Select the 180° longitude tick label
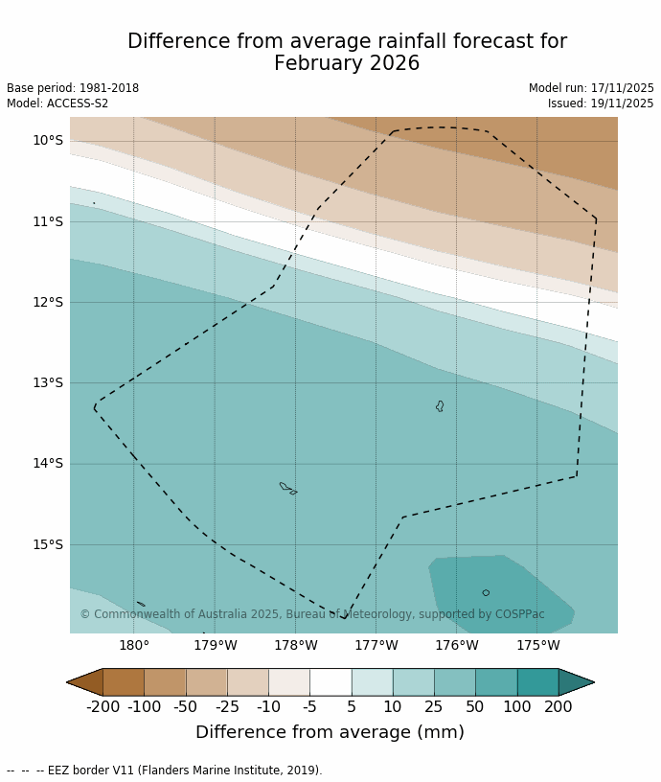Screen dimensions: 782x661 pyautogui.click(x=133, y=646)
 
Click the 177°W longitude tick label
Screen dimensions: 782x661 pyautogui.click(x=376, y=646)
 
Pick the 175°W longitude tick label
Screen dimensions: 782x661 pyautogui.click(x=537, y=646)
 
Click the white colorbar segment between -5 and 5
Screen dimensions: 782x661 pyautogui.click(x=330, y=682)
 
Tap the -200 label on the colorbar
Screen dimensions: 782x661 pyautogui.click(x=103, y=707)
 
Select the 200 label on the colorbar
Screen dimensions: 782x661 pyautogui.click(x=558, y=707)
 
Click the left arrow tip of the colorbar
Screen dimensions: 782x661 pyautogui.click(x=69, y=682)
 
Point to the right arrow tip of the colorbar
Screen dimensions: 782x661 pyautogui.click(x=592, y=682)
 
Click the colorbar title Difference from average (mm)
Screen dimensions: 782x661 pyautogui.click(x=330, y=733)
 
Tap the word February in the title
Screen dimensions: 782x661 pyautogui.click(x=318, y=64)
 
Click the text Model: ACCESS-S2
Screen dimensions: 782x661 pyautogui.click(x=57, y=103)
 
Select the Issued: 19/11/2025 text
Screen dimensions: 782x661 pyautogui.click(x=601, y=103)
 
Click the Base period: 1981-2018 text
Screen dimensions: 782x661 pyautogui.click(x=73, y=88)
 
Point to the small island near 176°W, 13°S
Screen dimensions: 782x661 pyautogui.click(x=440, y=406)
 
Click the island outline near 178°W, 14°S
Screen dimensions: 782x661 pyautogui.click(x=285, y=487)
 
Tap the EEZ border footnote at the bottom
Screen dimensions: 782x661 pyautogui.click(x=165, y=770)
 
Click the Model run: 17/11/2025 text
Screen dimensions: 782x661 pyautogui.click(x=591, y=88)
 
